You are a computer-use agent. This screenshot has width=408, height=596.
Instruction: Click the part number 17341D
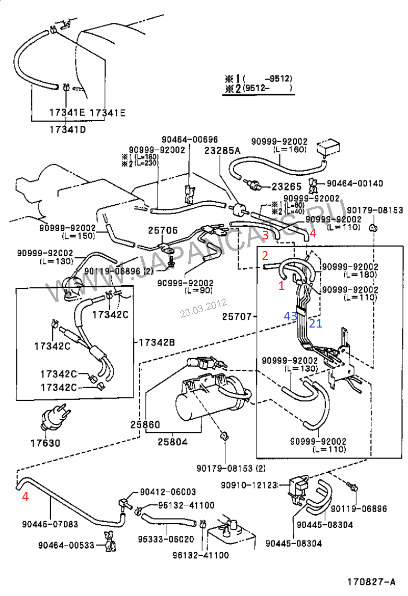point(67,129)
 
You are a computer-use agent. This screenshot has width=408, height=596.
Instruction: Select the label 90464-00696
point(190,139)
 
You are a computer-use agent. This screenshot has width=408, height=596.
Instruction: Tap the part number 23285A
point(222,150)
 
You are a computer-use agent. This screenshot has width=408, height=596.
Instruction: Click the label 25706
point(163,230)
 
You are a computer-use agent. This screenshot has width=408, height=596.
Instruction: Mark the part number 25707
point(238,317)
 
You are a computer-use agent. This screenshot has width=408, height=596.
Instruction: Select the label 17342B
point(155,342)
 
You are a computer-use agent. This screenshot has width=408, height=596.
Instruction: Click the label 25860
point(145,424)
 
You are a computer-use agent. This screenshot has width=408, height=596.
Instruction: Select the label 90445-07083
point(50,524)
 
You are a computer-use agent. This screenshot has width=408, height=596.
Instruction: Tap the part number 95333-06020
point(167,539)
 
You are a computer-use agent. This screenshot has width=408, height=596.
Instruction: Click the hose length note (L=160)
point(290,149)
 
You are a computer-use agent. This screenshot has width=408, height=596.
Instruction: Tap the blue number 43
point(291,316)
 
